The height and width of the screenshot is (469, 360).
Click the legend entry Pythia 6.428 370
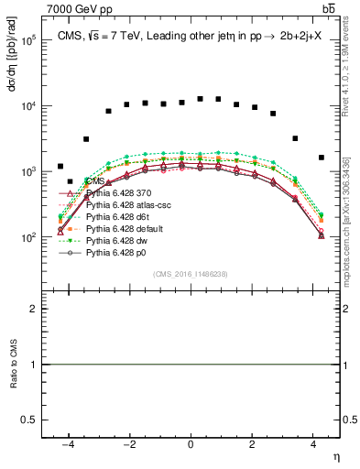(x=115, y=193)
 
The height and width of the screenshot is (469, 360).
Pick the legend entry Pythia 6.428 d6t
(x=114, y=216)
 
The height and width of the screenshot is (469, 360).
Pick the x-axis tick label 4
(x=313, y=443)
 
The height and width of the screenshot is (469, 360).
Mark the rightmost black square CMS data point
(x=322, y=158)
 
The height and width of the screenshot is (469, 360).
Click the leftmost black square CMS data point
(x=60, y=167)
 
